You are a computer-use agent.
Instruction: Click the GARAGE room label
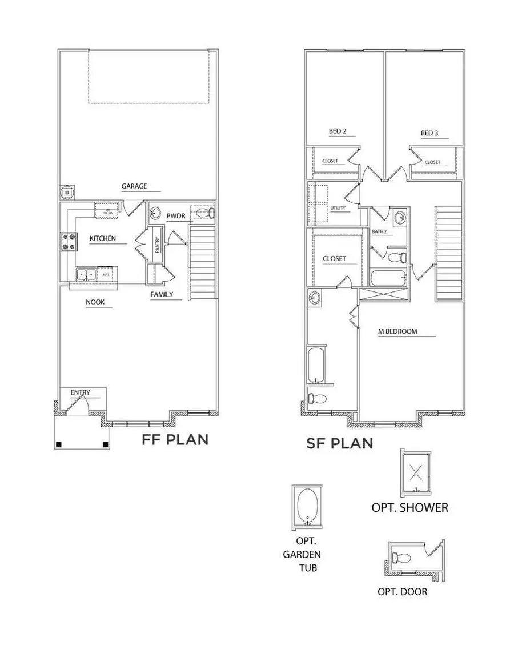coord(134,186)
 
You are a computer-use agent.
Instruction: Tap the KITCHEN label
coord(103,238)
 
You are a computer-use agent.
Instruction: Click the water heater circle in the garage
coord(67,193)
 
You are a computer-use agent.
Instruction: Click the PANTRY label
coord(156,242)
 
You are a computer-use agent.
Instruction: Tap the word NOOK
coord(95,302)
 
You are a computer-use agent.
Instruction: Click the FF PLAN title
coord(175,440)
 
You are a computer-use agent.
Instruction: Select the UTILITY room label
coord(338,208)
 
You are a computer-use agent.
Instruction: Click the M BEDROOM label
coord(397,331)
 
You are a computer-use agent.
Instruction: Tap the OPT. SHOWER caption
coord(409,507)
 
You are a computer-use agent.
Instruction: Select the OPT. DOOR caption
coord(402,592)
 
